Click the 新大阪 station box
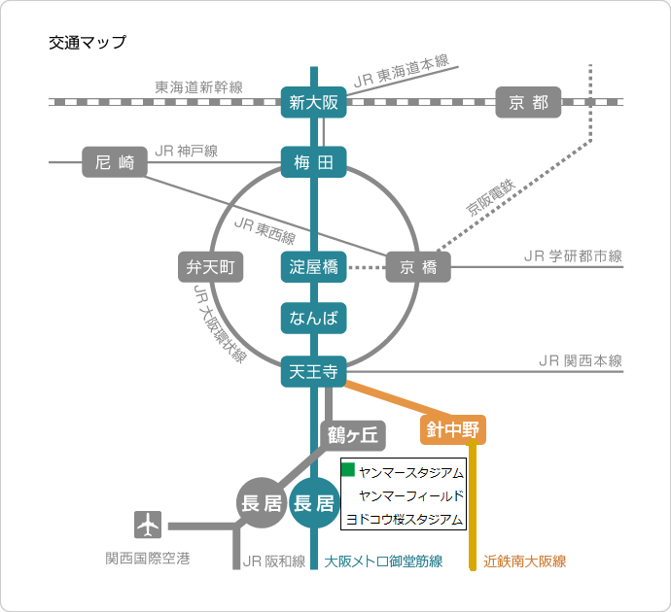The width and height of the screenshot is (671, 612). point(313,102)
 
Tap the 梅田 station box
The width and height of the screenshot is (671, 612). point(313,162)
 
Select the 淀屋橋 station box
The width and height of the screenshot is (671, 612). point(313,267)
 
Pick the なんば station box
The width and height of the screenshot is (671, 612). point(313,318)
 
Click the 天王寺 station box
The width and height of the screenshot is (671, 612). point(313,370)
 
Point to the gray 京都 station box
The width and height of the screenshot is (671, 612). point(528,102)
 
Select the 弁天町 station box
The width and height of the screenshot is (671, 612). point(210,267)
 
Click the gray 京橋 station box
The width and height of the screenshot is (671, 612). point(418,267)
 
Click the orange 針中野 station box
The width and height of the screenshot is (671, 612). point(453,428)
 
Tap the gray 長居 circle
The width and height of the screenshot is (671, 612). point(261,503)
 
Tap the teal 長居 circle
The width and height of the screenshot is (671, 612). point(314,503)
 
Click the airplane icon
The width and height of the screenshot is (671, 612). point(148,526)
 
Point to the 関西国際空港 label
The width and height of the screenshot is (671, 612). point(148,559)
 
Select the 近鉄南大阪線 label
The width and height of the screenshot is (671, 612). point(525,561)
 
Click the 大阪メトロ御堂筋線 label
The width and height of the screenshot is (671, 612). point(384,561)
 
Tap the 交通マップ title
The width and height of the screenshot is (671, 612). point(87,43)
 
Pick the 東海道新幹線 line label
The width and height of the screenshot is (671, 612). point(199,87)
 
